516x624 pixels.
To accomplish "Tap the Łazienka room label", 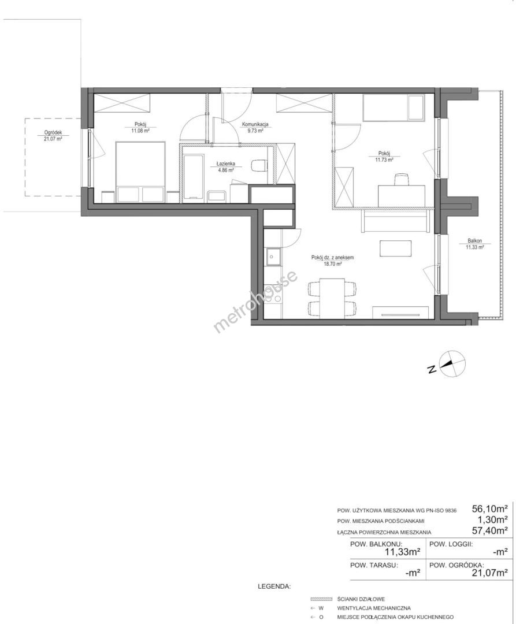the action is pos(225,164).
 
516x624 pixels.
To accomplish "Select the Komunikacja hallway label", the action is pos(255,124).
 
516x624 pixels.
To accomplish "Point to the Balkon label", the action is pos(474,241).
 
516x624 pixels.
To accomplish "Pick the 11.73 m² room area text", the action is pos(384,159).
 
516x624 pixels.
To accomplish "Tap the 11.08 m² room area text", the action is pos(140,130).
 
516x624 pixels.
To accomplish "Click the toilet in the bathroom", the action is pos(260,165).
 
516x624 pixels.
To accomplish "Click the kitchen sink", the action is pos(273,257).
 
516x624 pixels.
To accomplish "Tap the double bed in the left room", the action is pos(140,172).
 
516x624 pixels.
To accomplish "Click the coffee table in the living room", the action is pos(395,248).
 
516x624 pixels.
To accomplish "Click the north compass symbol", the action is pos(451,363).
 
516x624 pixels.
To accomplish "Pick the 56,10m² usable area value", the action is pos(489,508).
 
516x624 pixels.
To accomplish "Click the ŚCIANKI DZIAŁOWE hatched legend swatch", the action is pos(321,599).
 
